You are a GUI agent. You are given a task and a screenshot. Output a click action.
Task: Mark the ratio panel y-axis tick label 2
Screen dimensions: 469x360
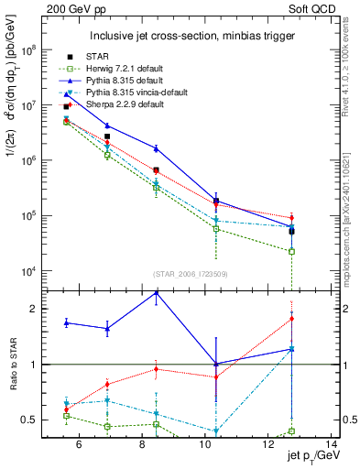point(34,309)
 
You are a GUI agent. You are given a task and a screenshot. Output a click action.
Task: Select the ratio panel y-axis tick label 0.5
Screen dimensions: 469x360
point(30,420)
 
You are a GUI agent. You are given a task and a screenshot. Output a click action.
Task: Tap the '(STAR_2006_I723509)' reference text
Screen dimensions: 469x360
point(191,274)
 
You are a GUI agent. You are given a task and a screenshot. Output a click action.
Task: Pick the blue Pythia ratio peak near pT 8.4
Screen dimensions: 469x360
point(157,291)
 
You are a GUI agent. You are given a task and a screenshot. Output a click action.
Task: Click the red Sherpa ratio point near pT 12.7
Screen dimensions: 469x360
point(291,319)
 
